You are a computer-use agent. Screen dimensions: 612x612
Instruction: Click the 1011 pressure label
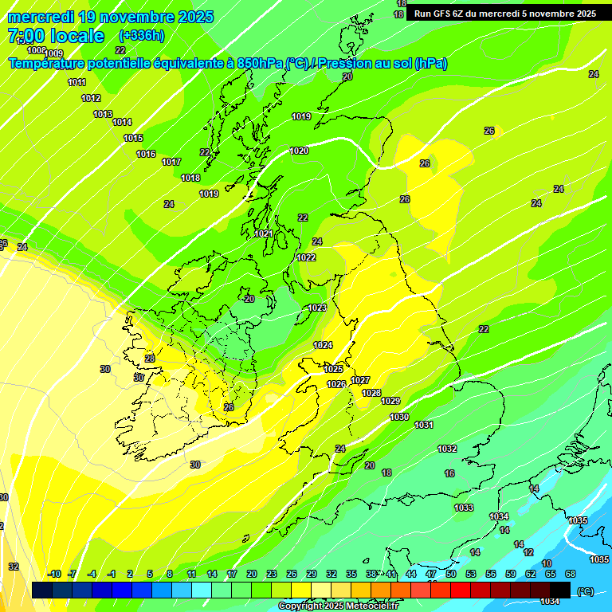click(77, 83)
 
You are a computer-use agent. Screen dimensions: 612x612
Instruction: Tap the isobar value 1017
click(171, 162)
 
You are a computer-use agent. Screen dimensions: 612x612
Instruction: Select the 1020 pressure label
click(299, 151)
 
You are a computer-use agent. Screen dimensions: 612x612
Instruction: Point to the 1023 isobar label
click(317, 308)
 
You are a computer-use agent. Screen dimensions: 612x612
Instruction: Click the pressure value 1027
click(360, 380)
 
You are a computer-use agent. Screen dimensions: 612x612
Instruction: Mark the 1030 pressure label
click(399, 418)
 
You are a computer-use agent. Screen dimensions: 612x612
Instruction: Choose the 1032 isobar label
click(447, 449)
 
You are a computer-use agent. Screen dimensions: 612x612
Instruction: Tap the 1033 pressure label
click(464, 508)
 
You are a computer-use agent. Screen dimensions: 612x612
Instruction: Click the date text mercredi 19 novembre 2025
click(111, 17)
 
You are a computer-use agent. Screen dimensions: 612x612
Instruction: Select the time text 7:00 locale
click(56, 36)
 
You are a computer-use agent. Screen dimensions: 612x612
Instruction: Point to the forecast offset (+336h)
click(142, 36)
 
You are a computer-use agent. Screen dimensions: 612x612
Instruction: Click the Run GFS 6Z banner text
click(505, 13)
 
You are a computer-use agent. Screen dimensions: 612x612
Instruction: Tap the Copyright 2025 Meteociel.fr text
click(339, 606)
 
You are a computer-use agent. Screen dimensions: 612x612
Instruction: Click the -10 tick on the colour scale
click(54, 575)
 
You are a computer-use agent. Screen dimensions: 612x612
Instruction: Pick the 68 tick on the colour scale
click(571, 575)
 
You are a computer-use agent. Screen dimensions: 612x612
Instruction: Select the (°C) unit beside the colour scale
click(584, 590)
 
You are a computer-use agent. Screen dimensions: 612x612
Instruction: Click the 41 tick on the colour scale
click(391, 575)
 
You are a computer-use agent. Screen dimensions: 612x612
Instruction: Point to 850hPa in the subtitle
click(260, 64)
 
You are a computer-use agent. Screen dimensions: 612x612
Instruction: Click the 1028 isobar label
click(371, 393)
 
